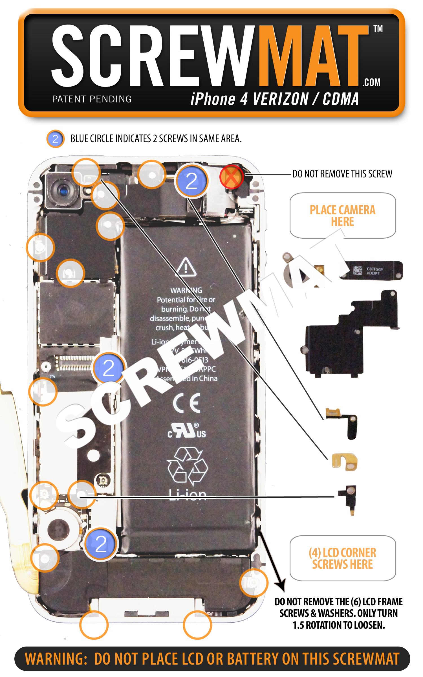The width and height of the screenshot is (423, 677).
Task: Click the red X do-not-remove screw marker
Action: [231, 177]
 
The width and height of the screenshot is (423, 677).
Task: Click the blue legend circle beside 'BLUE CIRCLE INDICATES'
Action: [55, 139]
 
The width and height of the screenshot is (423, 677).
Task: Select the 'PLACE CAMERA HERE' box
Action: [343, 216]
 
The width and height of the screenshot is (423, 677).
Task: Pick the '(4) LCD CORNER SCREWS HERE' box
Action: [343, 559]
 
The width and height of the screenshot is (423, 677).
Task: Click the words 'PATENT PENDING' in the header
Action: [92, 99]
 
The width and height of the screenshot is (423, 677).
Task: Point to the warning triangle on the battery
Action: [186, 266]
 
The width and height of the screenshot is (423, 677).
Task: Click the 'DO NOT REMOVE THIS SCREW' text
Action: [342, 174]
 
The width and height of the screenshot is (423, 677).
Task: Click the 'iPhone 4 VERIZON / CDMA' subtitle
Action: [274, 99]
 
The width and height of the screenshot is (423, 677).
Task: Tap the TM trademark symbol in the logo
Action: [378, 29]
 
